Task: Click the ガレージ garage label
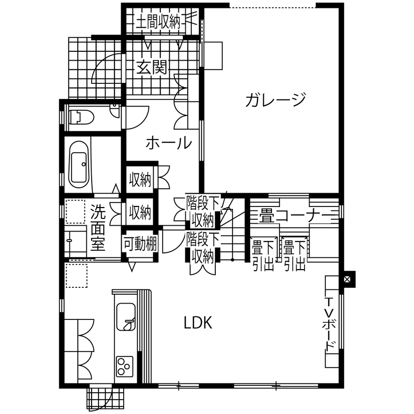pyautogui.click(x=276, y=101)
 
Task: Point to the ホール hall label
pyautogui.click(x=169, y=143)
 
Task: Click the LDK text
pyautogui.click(x=198, y=323)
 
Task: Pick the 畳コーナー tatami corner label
pyautogui.click(x=290, y=215)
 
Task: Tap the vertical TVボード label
pyautogui.click(x=329, y=323)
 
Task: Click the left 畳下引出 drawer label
pyautogui.click(x=263, y=254)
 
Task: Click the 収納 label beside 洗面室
pyautogui.click(x=140, y=213)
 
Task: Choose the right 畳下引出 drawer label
pyautogui.click(x=294, y=254)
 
